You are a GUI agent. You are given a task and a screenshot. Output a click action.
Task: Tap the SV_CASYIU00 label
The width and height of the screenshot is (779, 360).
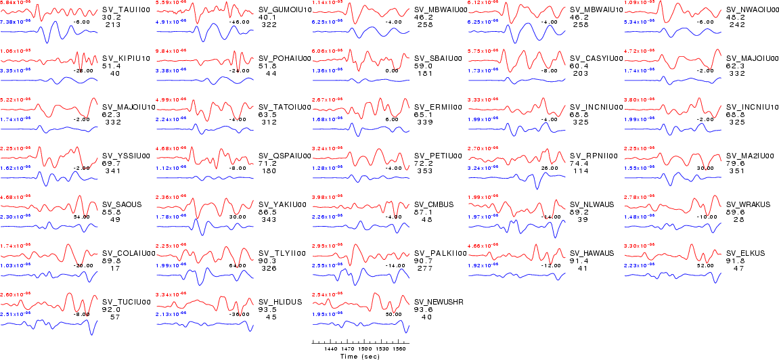pyautogui.click(x=592, y=59)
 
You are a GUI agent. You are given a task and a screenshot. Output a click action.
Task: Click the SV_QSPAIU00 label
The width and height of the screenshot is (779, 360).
pyautogui.click(x=278, y=156)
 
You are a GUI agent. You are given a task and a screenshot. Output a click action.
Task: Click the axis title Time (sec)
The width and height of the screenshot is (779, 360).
pyautogui.click(x=359, y=356)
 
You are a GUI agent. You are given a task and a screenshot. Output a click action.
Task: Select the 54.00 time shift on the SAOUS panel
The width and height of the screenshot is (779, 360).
pyautogui.click(x=82, y=217)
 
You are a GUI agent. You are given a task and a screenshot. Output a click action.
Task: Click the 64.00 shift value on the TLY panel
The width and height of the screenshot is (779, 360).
pyautogui.click(x=238, y=266)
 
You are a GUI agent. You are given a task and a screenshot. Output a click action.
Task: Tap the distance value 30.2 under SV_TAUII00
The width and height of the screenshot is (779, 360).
pyautogui.click(x=110, y=18)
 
